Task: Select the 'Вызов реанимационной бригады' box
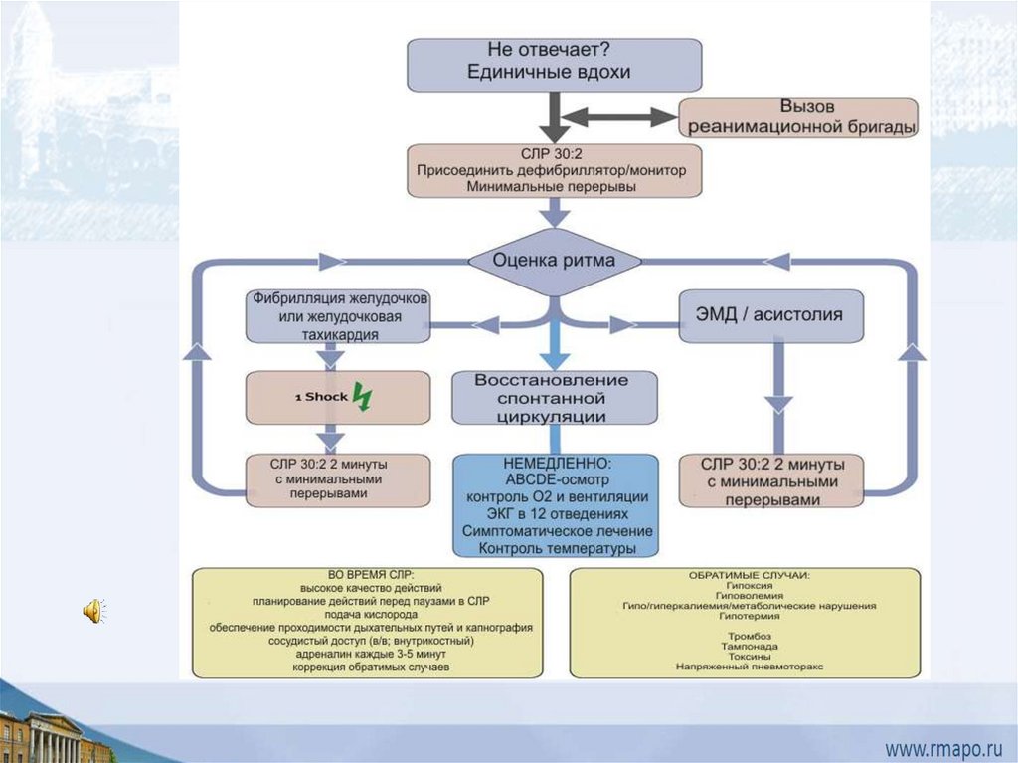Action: [799, 117]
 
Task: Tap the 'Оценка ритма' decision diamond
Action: [555, 261]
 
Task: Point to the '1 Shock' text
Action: [321, 397]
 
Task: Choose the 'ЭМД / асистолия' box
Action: [770, 315]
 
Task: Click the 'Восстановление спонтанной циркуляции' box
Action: [555, 398]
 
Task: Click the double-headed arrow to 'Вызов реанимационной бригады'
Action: [618, 117]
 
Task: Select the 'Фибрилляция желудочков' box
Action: [340, 315]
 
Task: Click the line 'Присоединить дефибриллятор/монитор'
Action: [555, 170]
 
